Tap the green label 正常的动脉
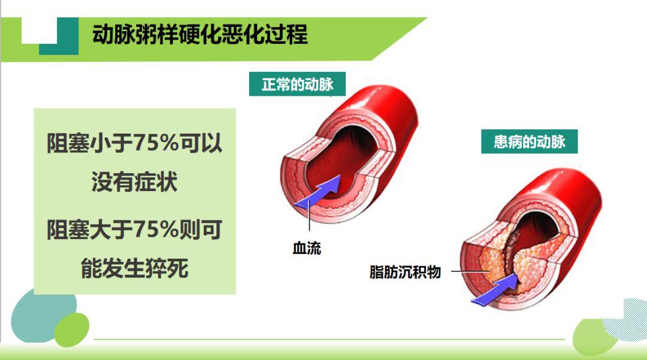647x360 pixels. [x=298, y=84]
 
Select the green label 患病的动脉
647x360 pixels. [x=529, y=142]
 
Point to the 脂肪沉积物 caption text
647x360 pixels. [x=406, y=272]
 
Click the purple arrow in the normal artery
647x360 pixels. [x=318, y=193]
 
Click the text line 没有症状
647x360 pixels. [x=135, y=181]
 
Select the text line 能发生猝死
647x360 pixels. [x=135, y=268]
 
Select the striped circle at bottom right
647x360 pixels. [x=626, y=320]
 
